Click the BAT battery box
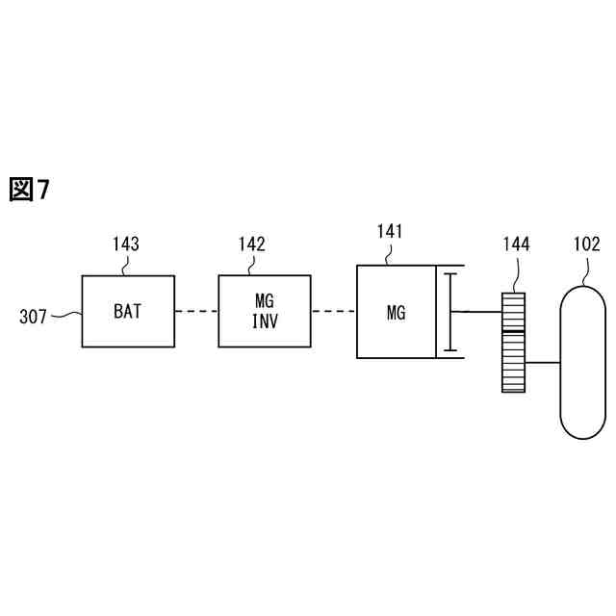click(128, 311)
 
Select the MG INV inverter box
click(265, 311)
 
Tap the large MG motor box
click(397, 312)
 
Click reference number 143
click(125, 244)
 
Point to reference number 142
click(252, 244)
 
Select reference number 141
click(390, 231)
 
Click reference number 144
click(515, 244)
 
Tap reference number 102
click(586, 244)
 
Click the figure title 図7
click(29, 190)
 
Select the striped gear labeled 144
click(515, 342)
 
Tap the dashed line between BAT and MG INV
click(196, 311)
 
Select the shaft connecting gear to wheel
click(544, 363)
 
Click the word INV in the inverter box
click(265, 321)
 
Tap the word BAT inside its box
click(128, 311)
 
